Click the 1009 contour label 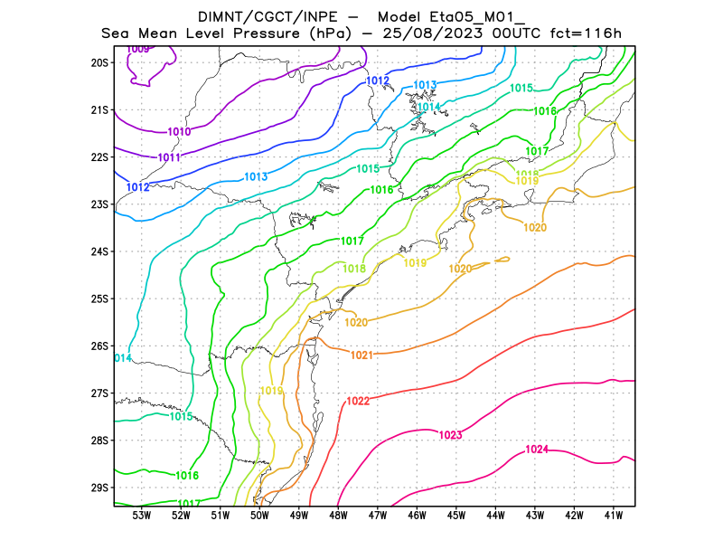coord(138,49)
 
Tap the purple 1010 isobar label coord(179,132)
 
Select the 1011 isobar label coord(169,157)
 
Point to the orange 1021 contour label coord(361,355)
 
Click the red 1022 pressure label coord(358,401)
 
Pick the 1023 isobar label coord(450,436)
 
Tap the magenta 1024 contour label coord(537,450)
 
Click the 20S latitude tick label coord(99,62)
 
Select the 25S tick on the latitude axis coord(99,298)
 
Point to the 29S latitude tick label coord(99,488)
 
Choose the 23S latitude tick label coord(99,204)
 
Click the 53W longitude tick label coord(141,516)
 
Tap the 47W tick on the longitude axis coord(378,516)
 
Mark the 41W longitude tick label coord(614,516)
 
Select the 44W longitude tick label coord(495,516)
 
